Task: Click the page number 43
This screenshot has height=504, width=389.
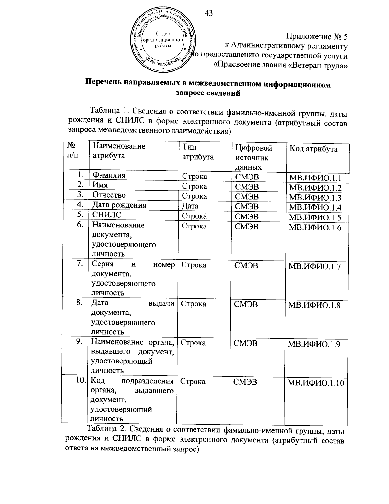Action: click(209, 13)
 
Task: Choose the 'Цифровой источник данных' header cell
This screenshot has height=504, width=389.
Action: click(253, 157)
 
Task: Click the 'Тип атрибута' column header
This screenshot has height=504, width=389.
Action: click(198, 152)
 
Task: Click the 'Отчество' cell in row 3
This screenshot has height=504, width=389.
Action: click(109, 195)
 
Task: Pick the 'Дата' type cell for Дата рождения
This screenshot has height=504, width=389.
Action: click(190, 206)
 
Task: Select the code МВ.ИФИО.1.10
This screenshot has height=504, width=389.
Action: click(316, 383)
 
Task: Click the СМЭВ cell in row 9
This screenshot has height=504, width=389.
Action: click(245, 343)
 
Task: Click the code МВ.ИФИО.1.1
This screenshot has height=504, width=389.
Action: click(315, 178)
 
